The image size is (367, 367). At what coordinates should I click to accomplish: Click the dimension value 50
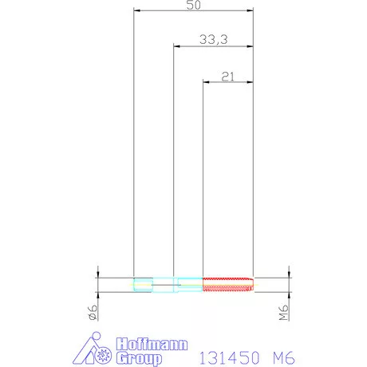193,5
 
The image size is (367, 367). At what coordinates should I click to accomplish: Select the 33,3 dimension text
214,40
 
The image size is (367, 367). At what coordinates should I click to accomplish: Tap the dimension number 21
228,77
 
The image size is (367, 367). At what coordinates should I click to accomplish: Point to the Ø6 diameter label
93,312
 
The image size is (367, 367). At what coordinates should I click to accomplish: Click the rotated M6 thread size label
284,313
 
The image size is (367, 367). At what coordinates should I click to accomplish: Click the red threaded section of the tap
228,285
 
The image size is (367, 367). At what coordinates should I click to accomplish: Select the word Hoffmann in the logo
152,344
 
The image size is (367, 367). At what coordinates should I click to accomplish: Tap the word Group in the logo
139,358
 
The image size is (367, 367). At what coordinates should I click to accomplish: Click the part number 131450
229,357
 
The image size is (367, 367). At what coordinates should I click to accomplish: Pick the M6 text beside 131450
284,357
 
